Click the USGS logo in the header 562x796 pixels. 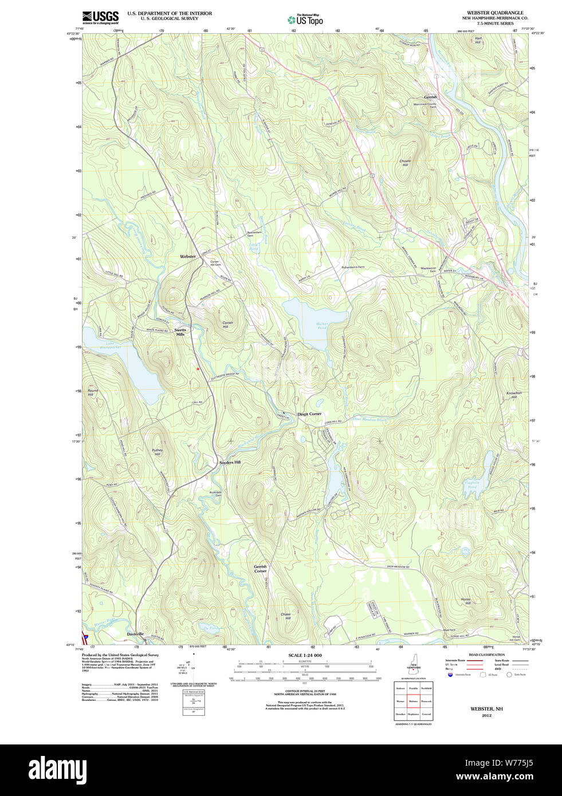click(100, 17)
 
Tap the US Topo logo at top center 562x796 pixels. click(305, 20)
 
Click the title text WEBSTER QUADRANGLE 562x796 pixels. click(495, 13)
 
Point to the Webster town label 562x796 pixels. click(187, 256)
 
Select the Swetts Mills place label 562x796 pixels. click(180, 332)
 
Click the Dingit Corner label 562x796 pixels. click(309, 413)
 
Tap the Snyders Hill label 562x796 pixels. click(230, 462)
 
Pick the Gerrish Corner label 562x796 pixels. click(260, 569)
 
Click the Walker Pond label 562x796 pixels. click(321, 326)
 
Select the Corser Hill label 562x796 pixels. click(227, 325)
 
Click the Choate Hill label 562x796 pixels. click(405, 163)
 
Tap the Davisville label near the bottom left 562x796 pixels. click(136, 634)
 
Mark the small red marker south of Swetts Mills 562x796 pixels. click(198, 369)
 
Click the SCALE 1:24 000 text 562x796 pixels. click(305, 655)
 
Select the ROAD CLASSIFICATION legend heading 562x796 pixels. click(486, 655)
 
